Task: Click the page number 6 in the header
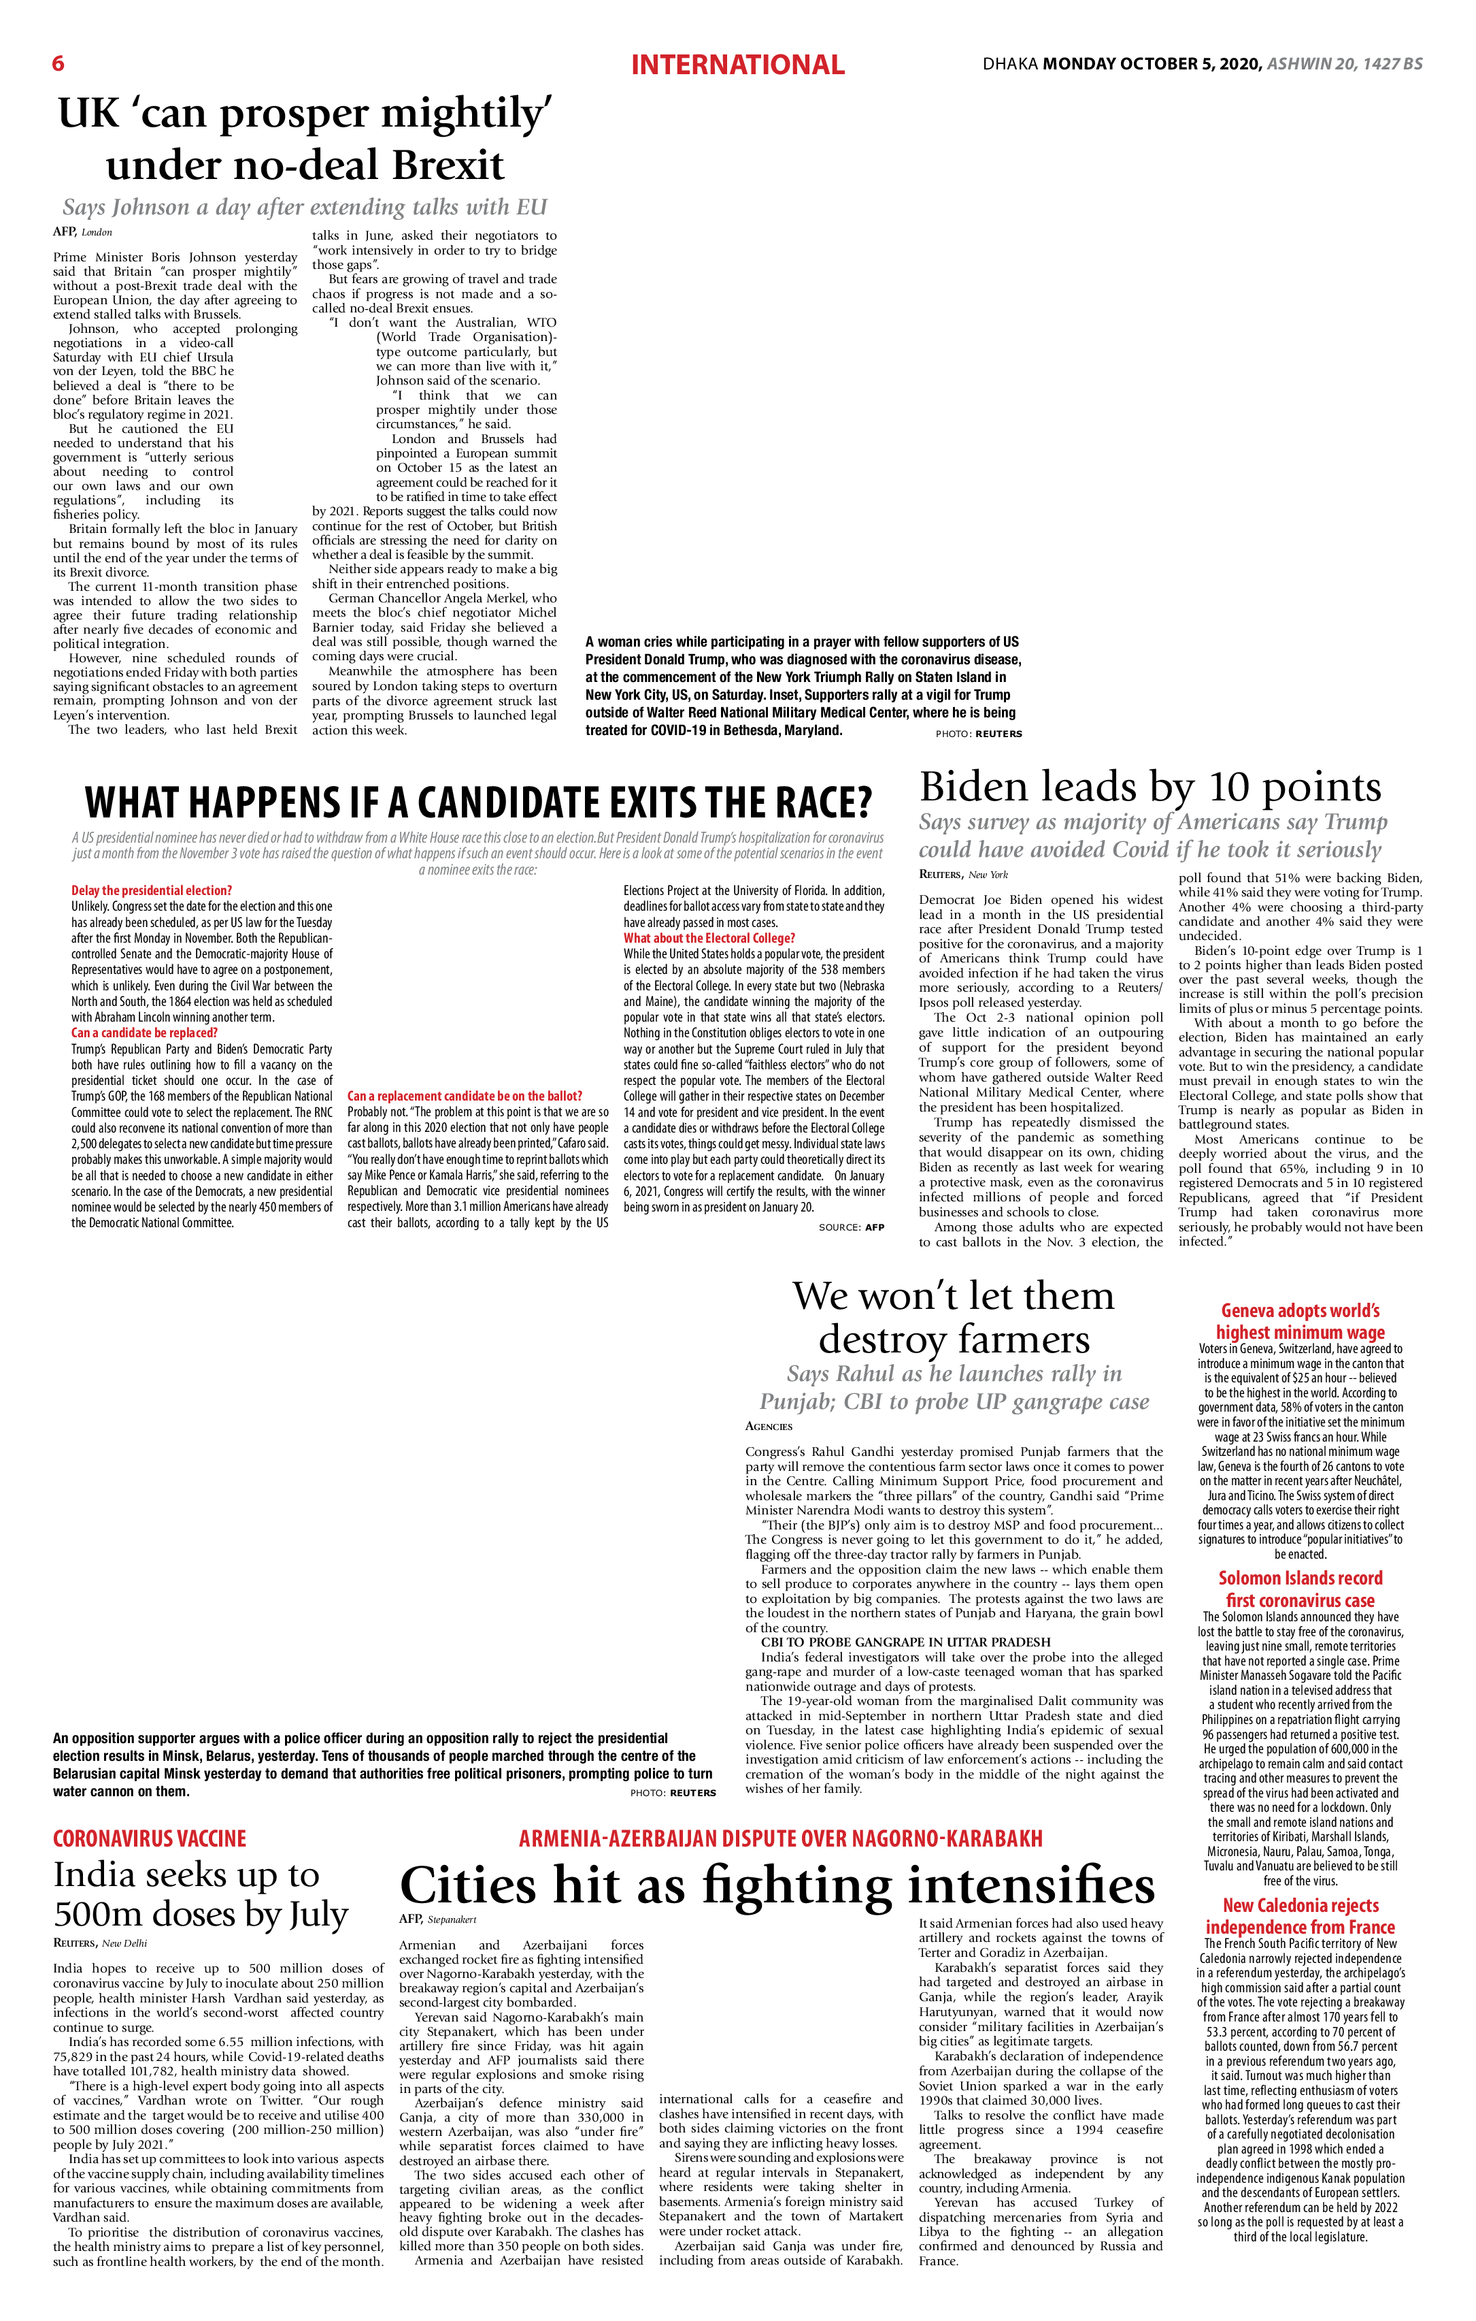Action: click(58, 63)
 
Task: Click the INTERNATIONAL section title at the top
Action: click(737, 65)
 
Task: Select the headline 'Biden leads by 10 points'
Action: click(1150, 787)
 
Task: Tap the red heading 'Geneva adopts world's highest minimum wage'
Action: click(1301, 1321)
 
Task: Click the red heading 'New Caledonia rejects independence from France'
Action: click(1301, 1915)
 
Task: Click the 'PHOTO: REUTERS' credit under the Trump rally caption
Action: click(978, 734)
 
